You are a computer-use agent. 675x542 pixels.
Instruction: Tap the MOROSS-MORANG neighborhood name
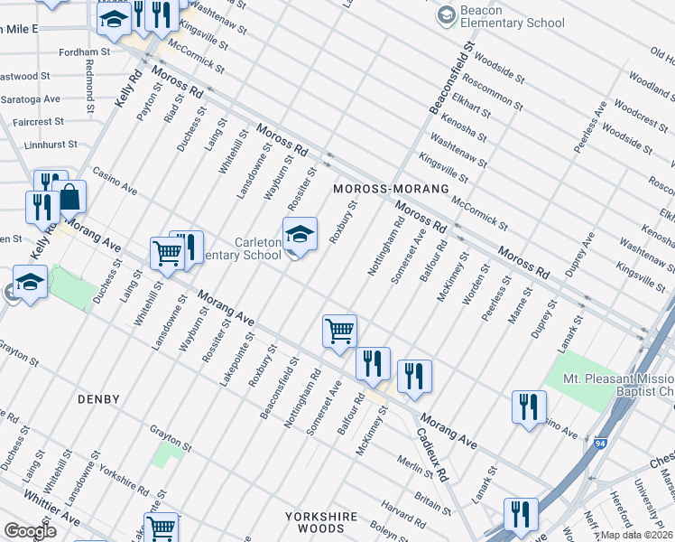pyautogui.click(x=390, y=189)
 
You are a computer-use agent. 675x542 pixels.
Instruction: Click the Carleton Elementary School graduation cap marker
pyautogui.click(x=300, y=237)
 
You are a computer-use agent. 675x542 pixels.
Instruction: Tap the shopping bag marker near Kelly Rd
pyautogui.click(x=69, y=197)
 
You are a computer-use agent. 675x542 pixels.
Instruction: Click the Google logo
pyautogui.click(x=30, y=530)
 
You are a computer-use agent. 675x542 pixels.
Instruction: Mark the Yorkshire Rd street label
pyautogui.click(x=125, y=480)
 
